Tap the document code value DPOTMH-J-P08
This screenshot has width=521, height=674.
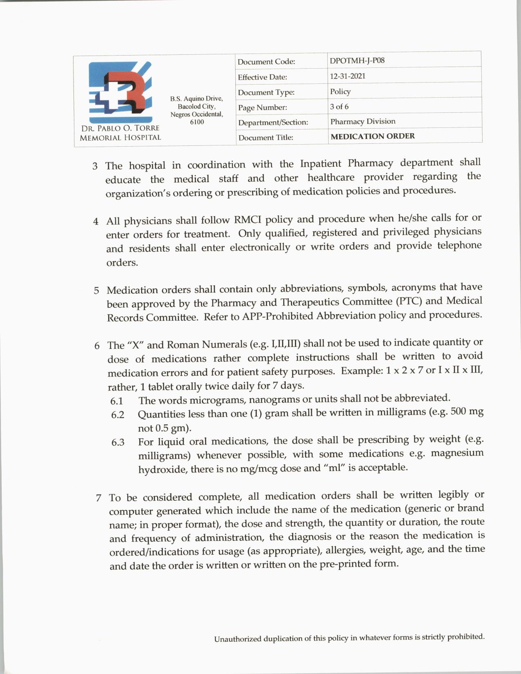357,60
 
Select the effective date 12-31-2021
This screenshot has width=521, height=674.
348,76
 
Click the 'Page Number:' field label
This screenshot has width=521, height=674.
262,107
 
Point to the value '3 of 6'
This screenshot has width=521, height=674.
339,107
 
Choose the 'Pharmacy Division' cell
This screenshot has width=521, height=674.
363,121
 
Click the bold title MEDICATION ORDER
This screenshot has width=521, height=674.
372,136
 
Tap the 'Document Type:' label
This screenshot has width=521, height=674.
266,92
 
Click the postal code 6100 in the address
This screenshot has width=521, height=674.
197,122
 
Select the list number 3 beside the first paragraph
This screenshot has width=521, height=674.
95,166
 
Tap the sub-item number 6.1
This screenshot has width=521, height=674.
117,401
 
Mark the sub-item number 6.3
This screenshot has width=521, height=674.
118,442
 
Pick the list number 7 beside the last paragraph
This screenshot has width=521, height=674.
98,498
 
